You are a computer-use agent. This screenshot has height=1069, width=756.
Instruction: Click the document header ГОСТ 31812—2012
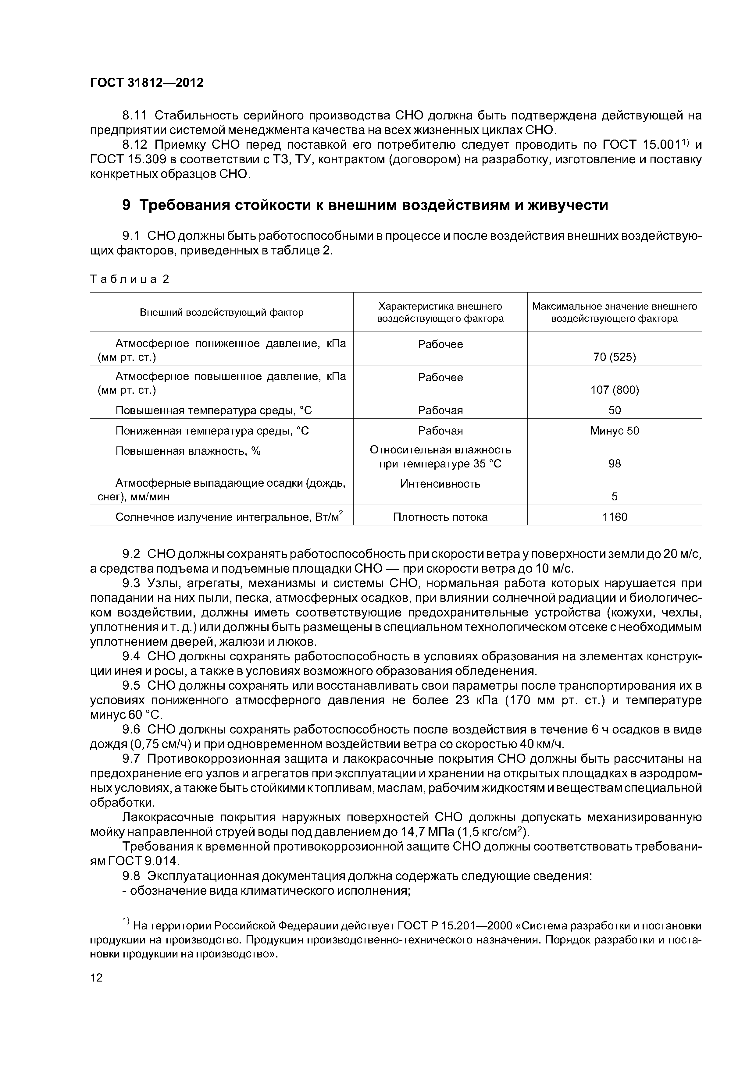(x=147, y=83)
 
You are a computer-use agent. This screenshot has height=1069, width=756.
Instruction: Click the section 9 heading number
(x=126, y=205)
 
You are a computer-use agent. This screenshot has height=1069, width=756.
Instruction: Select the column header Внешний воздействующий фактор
(x=221, y=312)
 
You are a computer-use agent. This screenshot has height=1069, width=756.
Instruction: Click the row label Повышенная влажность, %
(x=188, y=451)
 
